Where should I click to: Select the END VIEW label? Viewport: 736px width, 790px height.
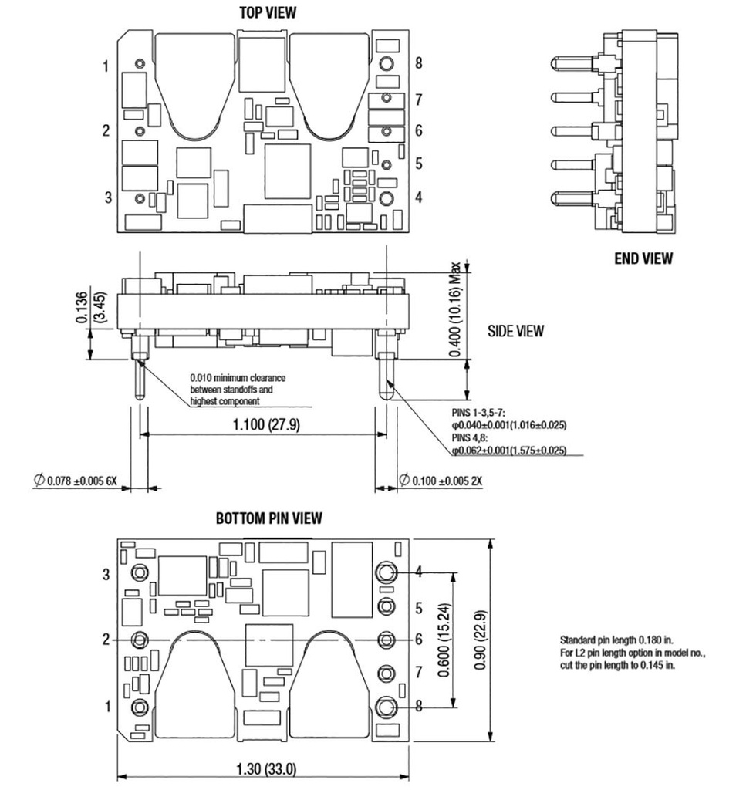643,258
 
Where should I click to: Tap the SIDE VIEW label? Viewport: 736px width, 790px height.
515,331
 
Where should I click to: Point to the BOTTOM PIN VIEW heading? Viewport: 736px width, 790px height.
268,518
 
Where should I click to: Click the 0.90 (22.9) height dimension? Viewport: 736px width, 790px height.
480,639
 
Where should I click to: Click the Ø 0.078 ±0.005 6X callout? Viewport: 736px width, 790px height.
75,481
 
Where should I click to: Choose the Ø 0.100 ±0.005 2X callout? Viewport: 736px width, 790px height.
441,481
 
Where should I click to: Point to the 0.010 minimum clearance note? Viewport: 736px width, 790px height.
238,389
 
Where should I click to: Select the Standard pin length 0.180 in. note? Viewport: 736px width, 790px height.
616,640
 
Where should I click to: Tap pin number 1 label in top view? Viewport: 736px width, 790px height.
106,66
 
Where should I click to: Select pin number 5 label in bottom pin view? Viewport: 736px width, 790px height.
419,608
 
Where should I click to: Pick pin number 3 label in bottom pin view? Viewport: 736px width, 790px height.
107,574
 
